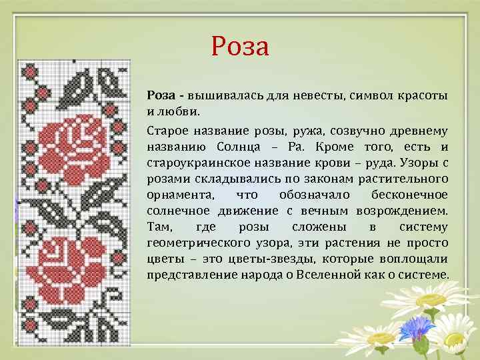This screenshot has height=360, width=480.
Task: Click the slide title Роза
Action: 239,47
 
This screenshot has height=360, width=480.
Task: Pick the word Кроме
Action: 352,147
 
